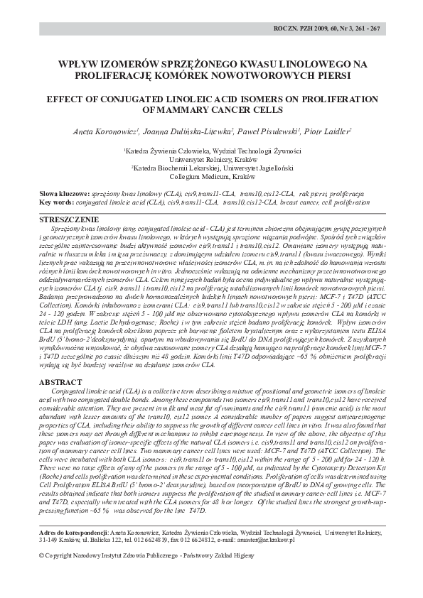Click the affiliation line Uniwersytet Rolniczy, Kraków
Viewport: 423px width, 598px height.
coord(211,161)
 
